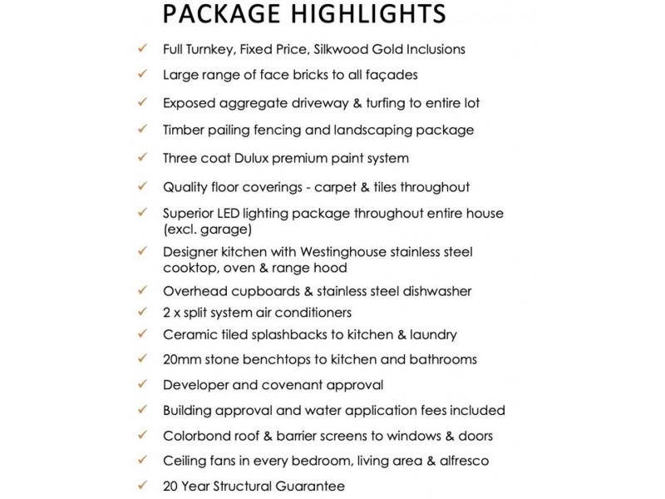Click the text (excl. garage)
point(207,229)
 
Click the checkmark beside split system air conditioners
point(143,313)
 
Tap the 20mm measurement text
point(183,360)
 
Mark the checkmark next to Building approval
point(143,410)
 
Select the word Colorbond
point(197,436)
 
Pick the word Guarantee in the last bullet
point(309,487)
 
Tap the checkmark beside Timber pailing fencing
point(143,130)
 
